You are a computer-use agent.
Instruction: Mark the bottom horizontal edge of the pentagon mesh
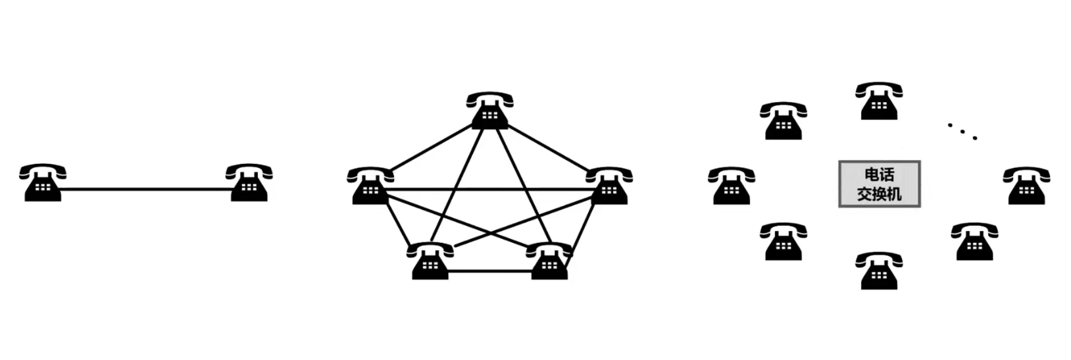point(490,270)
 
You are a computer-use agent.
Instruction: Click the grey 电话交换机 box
point(880,184)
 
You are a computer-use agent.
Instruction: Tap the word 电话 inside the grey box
point(880,175)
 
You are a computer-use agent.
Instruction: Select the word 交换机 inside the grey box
point(880,193)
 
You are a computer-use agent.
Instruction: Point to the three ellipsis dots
point(962,130)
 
